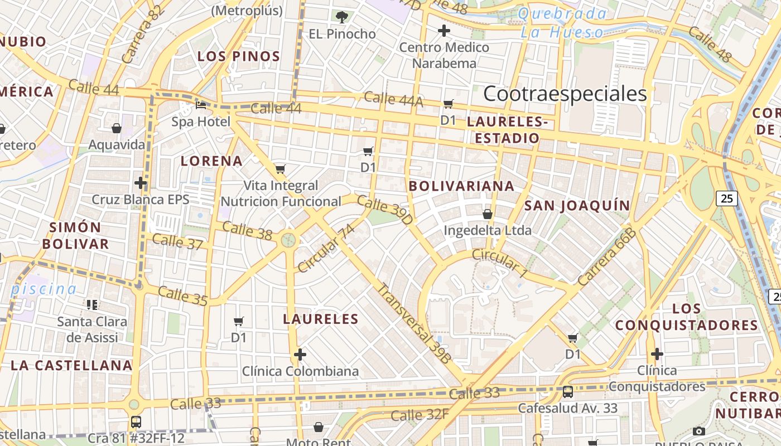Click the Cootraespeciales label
coord(565,94)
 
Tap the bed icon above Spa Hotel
coord(201,105)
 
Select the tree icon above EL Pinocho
coord(342,17)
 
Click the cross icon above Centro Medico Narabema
coord(444,31)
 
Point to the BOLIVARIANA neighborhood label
coord(461,186)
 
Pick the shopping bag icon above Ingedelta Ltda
coord(488,214)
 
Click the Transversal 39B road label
coord(413,324)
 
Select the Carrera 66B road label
coord(607,257)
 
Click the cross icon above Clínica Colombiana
coord(300,355)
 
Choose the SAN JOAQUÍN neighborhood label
coord(577,206)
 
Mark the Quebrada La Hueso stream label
coord(562,23)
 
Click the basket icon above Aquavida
coord(117,129)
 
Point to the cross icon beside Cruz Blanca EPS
coord(141,183)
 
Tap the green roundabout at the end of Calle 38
coord(288,240)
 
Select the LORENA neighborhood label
coord(211,161)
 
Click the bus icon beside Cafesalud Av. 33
coord(567,392)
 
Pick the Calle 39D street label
coord(385,210)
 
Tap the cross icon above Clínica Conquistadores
coord(657,354)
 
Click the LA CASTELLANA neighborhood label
coord(71,366)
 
